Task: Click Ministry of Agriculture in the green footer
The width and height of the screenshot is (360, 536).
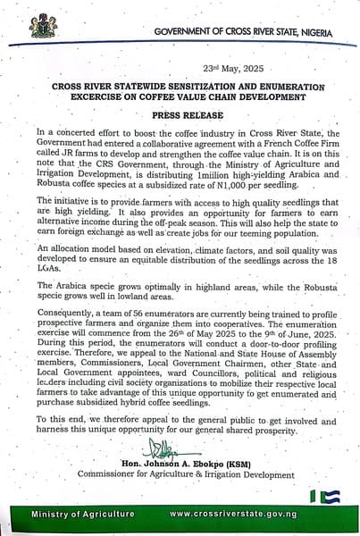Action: coord(84,515)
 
